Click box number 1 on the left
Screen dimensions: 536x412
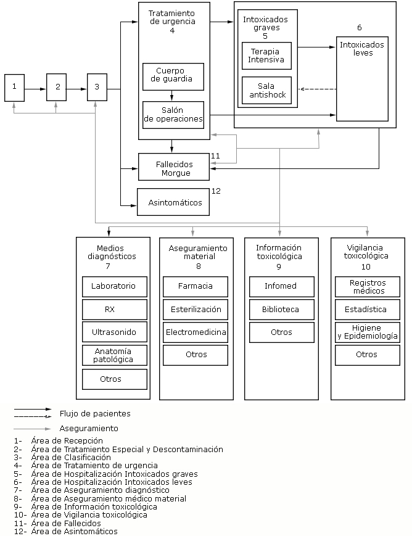(14, 88)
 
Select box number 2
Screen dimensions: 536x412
(56, 88)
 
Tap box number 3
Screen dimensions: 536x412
(96, 88)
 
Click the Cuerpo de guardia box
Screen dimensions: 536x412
(173, 75)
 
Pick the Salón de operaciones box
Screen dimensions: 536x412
(173, 115)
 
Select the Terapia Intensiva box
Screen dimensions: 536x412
(266, 56)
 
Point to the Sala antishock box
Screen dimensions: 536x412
(266, 90)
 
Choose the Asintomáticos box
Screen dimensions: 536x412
(175, 202)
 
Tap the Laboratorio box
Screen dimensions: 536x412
(115, 287)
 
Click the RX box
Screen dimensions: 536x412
(115, 310)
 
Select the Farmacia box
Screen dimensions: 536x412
(195, 287)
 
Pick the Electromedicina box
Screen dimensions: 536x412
(195, 332)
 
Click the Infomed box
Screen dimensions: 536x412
(281, 287)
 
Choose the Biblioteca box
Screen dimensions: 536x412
(281, 310)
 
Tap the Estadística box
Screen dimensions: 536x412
(366, 310)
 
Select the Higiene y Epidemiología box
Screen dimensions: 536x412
(366, 332)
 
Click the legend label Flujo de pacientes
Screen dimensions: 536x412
(95, 414)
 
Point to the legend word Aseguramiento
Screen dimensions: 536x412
(89, 428)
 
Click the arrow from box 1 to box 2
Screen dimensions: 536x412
(35, 89)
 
